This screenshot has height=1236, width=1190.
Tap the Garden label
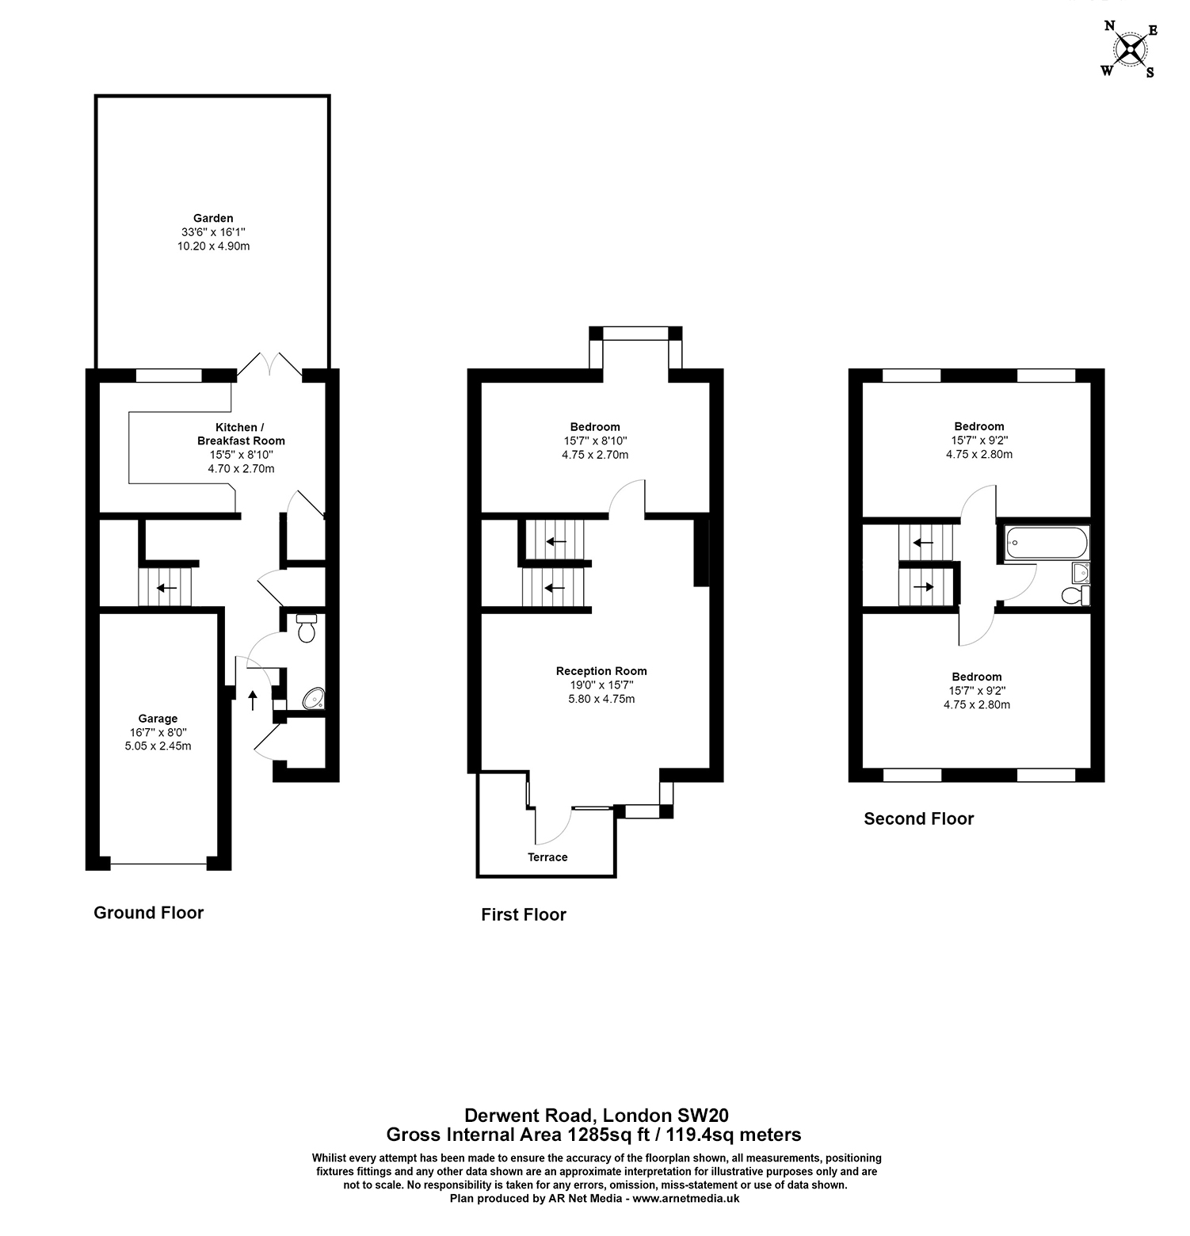click(213, 218)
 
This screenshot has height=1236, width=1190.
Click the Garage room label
click(158, 719)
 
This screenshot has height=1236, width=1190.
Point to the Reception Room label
click(601, 671)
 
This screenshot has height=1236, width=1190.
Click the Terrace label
click(547, 857)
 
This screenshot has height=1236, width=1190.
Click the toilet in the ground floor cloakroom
click(307, 628)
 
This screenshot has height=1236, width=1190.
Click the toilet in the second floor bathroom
click(1075, 595)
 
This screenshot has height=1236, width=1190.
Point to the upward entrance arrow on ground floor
click(253, 700)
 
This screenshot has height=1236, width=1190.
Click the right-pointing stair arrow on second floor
click(924, 588)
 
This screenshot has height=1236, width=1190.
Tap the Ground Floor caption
click(148, 913)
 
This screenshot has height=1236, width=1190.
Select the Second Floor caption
click(918, 819)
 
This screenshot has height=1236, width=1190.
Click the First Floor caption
click(524, 915)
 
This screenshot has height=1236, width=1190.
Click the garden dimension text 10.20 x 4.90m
click(213, 246)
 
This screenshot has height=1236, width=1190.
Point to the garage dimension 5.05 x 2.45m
click(158, 746)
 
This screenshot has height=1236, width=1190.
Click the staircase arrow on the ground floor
click(166, 588)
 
